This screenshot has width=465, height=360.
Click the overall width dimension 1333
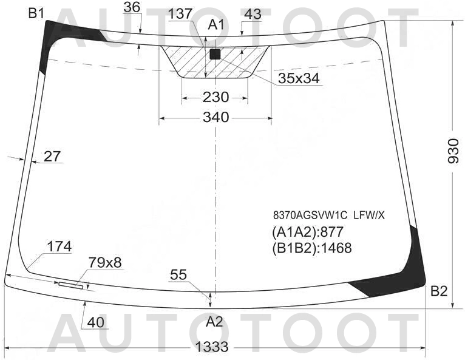pyautogui.click(x=212, y=347)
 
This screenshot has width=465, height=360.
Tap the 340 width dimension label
pyautogui.click(x=216, y=117)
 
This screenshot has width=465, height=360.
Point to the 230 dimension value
pyautogui.click(x=216, y=97)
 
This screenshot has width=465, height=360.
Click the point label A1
pyautogui.click(x=217, y=24)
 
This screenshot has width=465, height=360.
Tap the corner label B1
pyautogui.click(x=36, y=13)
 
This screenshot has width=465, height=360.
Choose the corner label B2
pyautogui.click(x=438, y=291)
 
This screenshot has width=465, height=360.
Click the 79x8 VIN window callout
pyautogui.click(x=105, y=262)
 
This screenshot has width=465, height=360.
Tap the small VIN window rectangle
pyautogui.click(x=72, y=284)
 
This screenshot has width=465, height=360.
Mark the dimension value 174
pyautogui.click(x=59, y=246)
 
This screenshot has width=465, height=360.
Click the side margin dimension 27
pyautogui.click(x=53, y=156)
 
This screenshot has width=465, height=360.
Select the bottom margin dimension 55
pyautogui.click(x=178, y=275)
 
